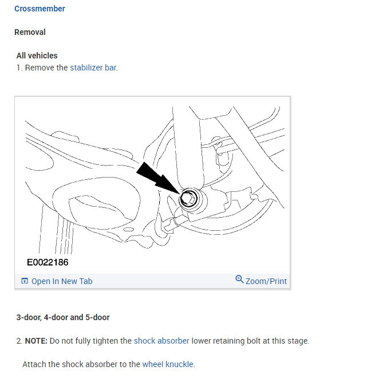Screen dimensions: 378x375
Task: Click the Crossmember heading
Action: (40, 9)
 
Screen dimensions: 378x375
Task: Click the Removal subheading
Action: (30, 32)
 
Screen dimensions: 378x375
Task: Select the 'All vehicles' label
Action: (37, 56)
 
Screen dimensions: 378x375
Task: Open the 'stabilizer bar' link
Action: (93, 68)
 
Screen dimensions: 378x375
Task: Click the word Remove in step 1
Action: (40, 68)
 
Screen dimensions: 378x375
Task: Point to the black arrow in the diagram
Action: (154, 177)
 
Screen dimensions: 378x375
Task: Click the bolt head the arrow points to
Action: (187, 199)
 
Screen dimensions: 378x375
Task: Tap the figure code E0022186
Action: (48, 262)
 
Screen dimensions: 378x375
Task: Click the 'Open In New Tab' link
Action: (61, 281)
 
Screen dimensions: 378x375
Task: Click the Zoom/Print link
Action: (266, 281)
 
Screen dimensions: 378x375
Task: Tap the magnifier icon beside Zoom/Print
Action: (239, 279)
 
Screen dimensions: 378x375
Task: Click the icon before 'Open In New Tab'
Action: (25, 281)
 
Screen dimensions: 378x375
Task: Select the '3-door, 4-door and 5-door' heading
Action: (63, 317)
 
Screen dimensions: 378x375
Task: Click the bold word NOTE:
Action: (36, 341)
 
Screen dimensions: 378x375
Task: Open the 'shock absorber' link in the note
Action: (161, 341)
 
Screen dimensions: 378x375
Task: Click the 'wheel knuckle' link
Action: (168, 364)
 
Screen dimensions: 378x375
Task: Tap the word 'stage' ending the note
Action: (297, 341)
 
